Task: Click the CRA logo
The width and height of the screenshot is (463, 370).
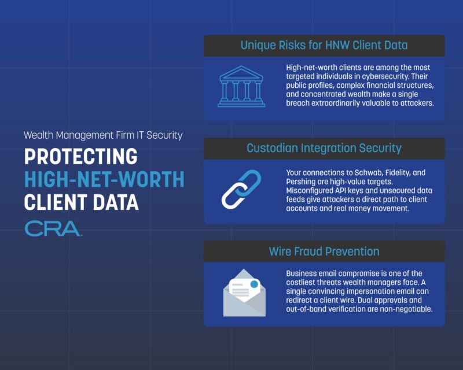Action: [x=53, y=228]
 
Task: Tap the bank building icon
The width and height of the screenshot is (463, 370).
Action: [x=241, y=87]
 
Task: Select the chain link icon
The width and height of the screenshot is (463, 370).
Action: [x=241, y=189]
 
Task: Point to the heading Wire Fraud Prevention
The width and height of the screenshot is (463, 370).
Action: [x=324, y=251]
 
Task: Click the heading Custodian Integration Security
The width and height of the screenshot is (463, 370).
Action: [x=324, y=148]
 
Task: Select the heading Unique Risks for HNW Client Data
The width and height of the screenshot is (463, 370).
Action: [x=324, y=45]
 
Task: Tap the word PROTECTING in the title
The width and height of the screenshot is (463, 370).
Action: [x=80, y=157]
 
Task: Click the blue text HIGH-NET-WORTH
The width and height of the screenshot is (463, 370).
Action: [x=104, y=180]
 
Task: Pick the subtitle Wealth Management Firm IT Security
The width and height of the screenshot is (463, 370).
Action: [x=103, y=135]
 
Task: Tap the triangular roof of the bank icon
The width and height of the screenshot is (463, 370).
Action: [x=241, y=72]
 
